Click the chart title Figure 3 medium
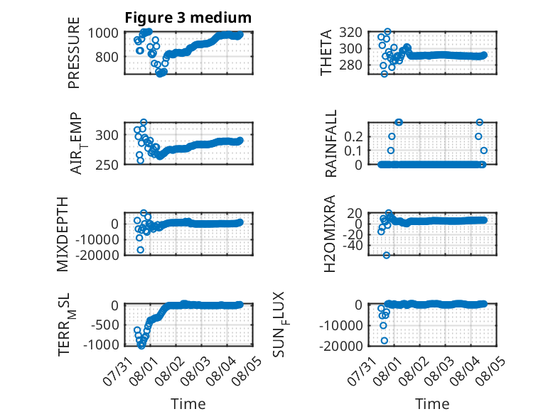tap(188, 18)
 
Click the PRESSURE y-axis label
tap(74, 53)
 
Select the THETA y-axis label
tap(326, 53)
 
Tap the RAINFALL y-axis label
tap(331, 143)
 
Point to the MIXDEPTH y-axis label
tap(63, 234)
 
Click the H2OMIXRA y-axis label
tap(329, 234)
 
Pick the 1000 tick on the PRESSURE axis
tap(103, 33)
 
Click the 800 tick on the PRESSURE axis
tap(107, 57)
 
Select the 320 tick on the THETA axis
tap(351, 33)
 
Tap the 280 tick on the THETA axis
tap(351, 65)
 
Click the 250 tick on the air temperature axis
tap(107, 165)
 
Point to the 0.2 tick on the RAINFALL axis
tap(353, 137)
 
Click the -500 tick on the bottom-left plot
tap(104, 325)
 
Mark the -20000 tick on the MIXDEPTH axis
tap(97, 255)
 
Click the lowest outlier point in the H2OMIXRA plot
tap(387, 255)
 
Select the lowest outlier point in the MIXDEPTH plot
tap(140, 250)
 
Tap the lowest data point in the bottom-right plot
tap(385, 340)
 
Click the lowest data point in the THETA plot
tap(385, 74)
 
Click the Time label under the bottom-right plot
tap(432, 404)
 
